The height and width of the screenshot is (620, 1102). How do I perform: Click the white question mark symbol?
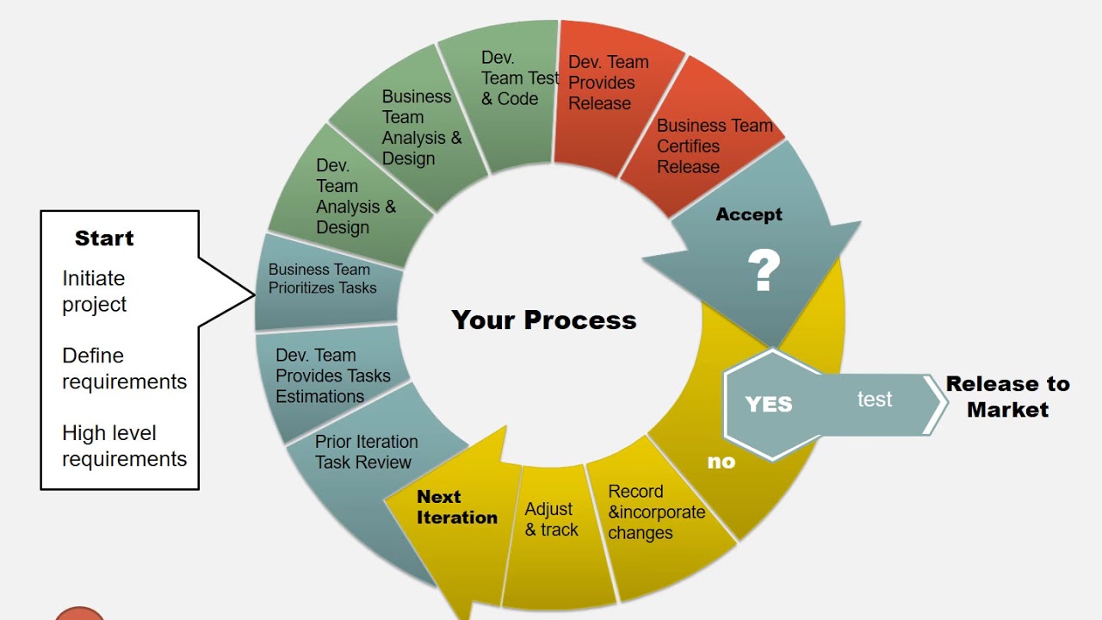pyautogui.click(x=763, y=271)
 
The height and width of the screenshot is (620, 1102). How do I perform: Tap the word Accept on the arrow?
pyautogui.click(x=749, y=214)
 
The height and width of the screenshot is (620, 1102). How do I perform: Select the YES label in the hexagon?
pyautogui.click(x=768, y=404)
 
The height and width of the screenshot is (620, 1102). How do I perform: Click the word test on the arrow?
pyautogui.click(x=875, y=400)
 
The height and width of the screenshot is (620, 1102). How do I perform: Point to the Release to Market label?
pyautogui.click(x=1007, y=396)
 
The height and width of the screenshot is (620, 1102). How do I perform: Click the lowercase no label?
pyautogui.click(x=721, y=462)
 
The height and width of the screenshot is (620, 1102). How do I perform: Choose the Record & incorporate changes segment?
pyautogui.click(x=656, y=512)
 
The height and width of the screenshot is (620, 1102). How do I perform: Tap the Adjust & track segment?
pyautogui.click(x=551, y=520)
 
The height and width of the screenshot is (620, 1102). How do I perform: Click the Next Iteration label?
pyautogui.click(x=456, y=507)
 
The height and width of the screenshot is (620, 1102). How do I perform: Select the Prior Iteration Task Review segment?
pyautogui.click(x=366, y=452)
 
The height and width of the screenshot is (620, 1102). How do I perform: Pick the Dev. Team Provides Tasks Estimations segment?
pyautogui.click(x=332, y=376)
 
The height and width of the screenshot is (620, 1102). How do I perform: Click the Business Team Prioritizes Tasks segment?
pyautogui.click(x=322, y=279)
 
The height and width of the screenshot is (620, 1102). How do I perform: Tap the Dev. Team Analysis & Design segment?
pyautogui.click(x=355, y=196)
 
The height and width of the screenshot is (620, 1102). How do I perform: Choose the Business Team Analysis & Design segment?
pyautogui.click(x=421, y=127)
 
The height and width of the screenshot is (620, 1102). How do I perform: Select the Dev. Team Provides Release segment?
pyautogui.click(x=608, y=83)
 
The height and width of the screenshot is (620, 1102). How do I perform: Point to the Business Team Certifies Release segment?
pyautogui.click(x=714, y=146)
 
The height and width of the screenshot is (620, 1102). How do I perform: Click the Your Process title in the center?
pyautogui.click(x=544, y=320)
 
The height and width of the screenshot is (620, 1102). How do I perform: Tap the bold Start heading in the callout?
pyautogui.click(x=104, y=239)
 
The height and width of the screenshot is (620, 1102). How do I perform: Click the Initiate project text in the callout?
pyautogui.click(x=94, y=291)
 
